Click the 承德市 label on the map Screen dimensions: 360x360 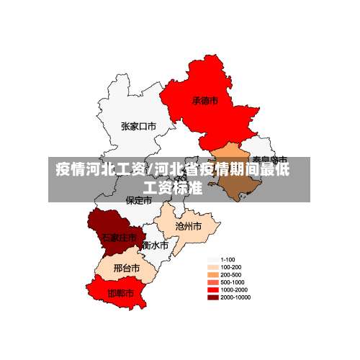204,101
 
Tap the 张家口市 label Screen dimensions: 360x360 138,127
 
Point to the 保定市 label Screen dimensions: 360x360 138,201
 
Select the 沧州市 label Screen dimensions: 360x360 188,225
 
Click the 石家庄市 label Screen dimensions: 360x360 119,237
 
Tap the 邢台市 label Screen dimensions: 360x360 127,268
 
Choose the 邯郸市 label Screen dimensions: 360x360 120,294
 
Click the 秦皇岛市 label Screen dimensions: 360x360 270,159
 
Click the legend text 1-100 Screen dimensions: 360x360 228,259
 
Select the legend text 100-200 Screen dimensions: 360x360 230,267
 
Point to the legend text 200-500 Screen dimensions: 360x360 230,274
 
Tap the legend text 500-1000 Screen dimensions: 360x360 232,282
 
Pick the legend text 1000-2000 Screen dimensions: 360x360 233,289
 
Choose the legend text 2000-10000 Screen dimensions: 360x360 235,297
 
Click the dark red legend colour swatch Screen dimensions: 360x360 213,297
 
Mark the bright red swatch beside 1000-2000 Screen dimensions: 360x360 213,289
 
